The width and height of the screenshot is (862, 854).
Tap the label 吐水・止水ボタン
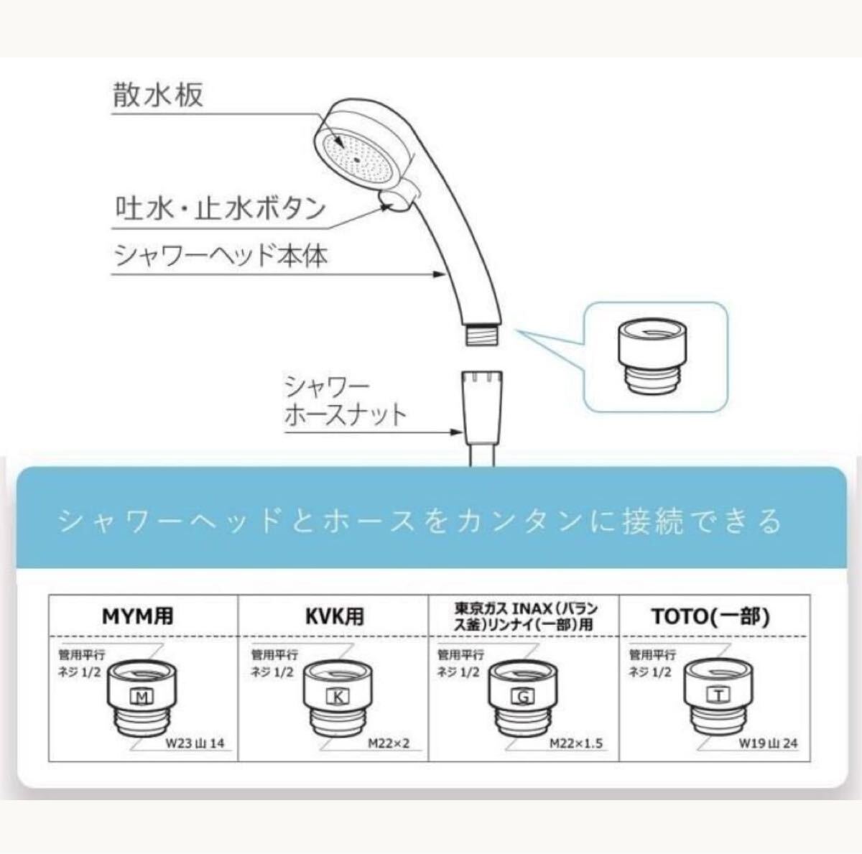pos(221,208)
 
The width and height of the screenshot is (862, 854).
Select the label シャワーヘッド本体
pos(221,256)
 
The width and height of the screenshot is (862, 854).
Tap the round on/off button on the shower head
pos(394,202)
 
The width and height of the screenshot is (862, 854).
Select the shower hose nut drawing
pos(481,406)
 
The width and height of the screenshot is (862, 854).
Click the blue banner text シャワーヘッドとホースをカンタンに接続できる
pos(420,521)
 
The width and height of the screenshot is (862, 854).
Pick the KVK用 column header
pos(335,616)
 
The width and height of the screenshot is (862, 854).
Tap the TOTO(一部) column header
pos(711,617)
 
